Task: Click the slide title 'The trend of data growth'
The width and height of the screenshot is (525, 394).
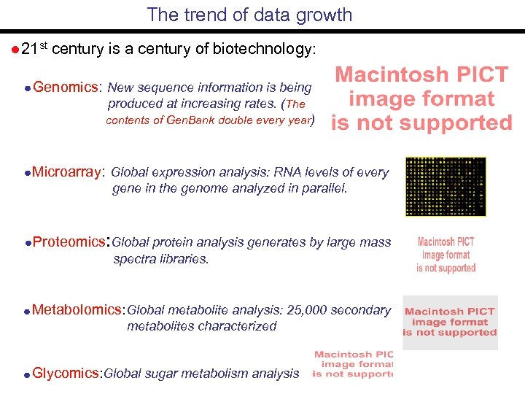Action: [249, 15]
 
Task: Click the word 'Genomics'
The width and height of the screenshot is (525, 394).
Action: [65, 88]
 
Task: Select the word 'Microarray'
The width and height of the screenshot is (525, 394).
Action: [68, 172]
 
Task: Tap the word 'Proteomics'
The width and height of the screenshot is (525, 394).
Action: [69, 242]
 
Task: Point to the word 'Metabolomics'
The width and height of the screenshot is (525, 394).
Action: [78, 309]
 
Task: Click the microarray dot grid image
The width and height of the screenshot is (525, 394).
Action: [435, 186]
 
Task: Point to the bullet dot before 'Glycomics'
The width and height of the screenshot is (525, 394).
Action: [26, 374]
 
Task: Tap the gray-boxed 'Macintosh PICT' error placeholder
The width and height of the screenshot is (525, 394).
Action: [450, 322]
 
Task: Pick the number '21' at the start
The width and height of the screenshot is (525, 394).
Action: [29, 50]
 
